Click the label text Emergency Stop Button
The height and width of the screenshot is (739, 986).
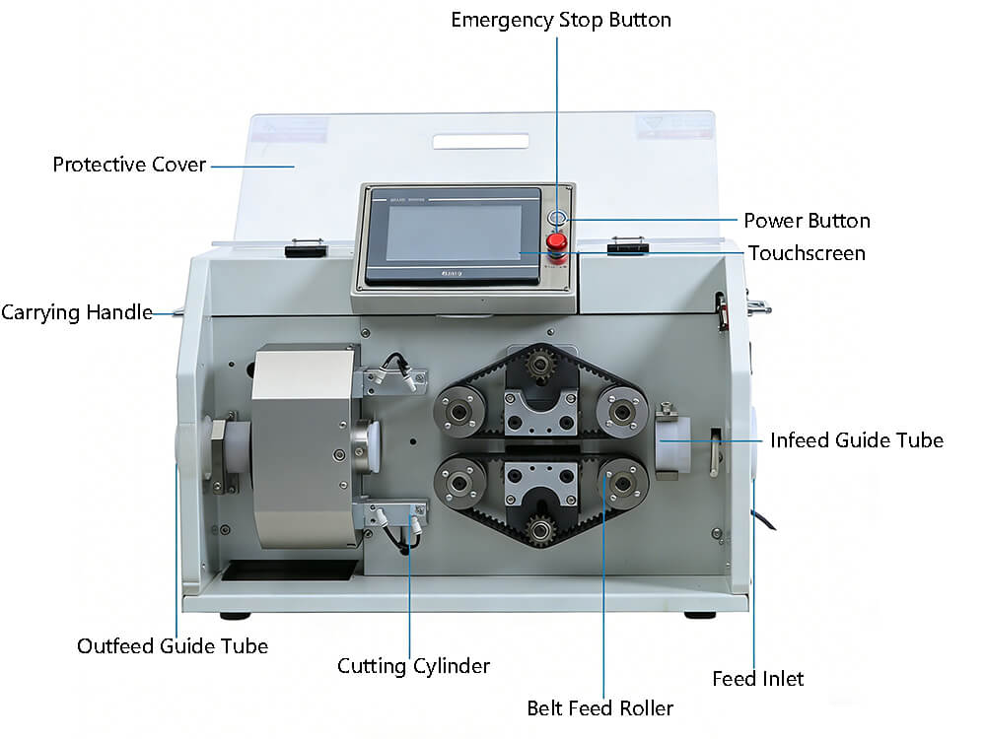pyautogui.click(x=561, y=20)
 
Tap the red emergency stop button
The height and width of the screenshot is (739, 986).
pyautogui.click(x=557, y=241)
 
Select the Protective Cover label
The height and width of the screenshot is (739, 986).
pyautogui.click(x=129, y=165)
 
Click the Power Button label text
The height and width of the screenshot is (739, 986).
pyautogui.click(x=807, y=221)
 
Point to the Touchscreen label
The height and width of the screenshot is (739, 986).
pyautogui.click(x=807, y=253)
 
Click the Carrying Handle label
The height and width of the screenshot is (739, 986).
pyautogui.click(x=76, y=313)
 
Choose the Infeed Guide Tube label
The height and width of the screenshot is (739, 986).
pyautogui.click(x=856, y=440)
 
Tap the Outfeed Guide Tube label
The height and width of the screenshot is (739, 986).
pyautogui.click(x=173, y=646)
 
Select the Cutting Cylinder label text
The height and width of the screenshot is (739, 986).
pyautogui.click(x=413, y=666)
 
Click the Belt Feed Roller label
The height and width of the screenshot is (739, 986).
pyautogui.click(x=599, y=707)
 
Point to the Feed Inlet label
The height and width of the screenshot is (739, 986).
pyautogui.click(x=757, y=679)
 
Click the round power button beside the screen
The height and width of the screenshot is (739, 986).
pyautogui.click(x=558, y=219)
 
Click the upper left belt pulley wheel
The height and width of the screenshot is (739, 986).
pyautogui.click(x=458, y=408)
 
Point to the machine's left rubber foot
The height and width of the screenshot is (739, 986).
pyautogui.click(x=234, y=616)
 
